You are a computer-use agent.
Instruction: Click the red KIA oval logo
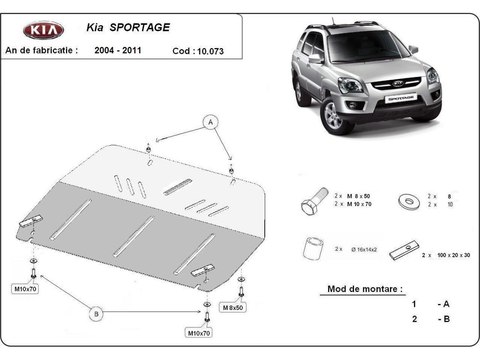coord(43,30)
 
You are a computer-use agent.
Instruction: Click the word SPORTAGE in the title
coord(140,27)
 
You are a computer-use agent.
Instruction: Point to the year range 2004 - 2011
coord(118,50)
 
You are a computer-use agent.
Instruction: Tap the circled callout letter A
coord(211,122)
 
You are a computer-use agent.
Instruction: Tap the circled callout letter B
coord(96,314)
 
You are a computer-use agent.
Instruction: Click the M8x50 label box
coord(233,307)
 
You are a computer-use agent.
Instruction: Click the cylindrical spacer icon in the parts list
coord(313,248)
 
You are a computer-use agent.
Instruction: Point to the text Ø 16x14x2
coord(364,249)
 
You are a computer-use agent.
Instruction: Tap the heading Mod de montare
coord(365,289)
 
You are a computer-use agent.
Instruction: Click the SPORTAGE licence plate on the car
coord(400,97)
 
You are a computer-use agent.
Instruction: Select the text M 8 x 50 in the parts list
coord(358,196)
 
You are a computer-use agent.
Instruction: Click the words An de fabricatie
coord(42,51)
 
